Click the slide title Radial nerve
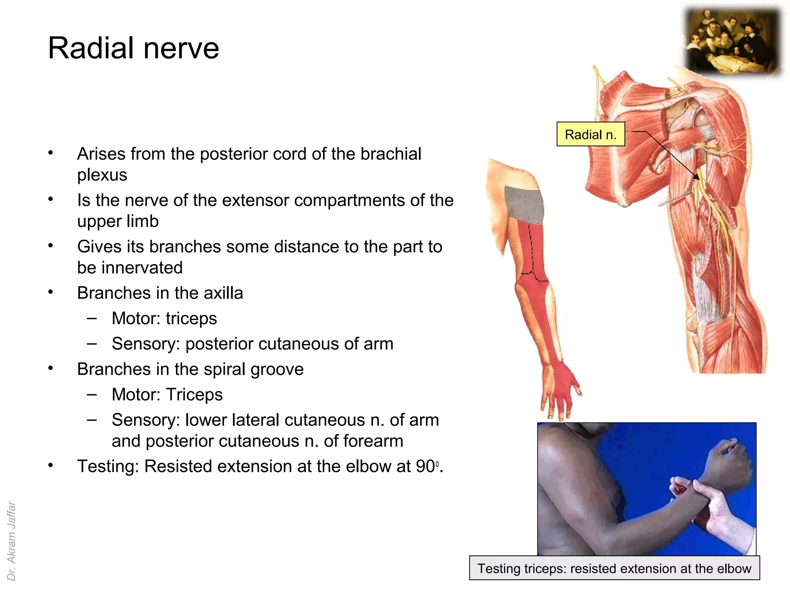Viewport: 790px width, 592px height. coord(133,48)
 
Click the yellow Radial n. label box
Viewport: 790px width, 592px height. coord(590,135)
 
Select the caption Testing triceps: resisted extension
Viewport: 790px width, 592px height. coord(614,568)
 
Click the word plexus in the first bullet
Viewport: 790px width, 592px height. coord(102,175)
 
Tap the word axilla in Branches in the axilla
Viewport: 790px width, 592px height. coord(223,293)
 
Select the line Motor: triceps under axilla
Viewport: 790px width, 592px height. coord(164,319)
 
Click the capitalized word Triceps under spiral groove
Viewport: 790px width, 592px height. coord(194,395)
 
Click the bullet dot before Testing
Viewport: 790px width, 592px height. coord(51,466)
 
